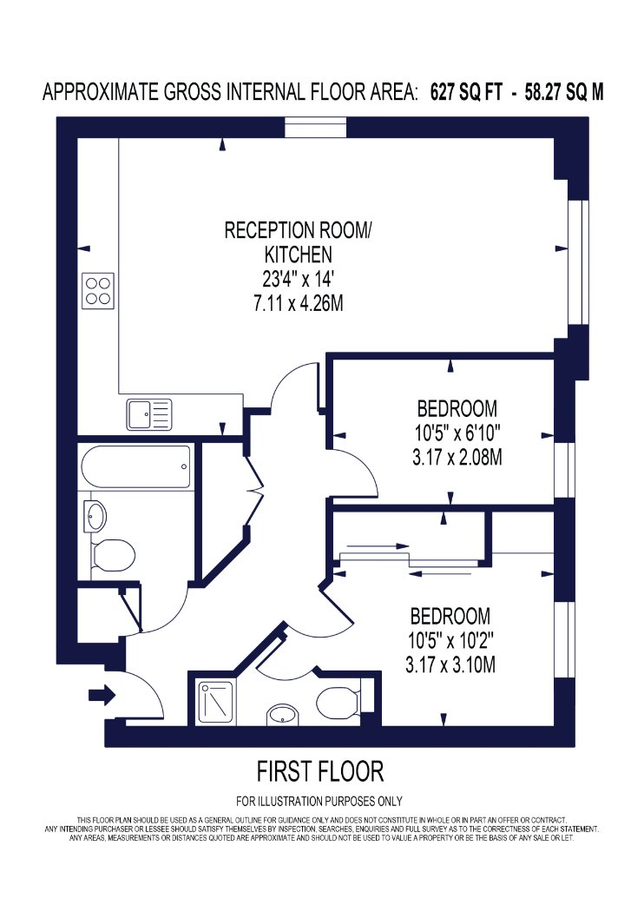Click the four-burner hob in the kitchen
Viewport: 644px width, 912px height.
[x=98, y=291]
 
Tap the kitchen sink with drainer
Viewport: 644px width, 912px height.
[x=150, y=414]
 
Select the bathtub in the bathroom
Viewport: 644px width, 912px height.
[x=136, y=467]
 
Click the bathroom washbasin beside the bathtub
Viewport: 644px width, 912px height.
[x=95, y=515]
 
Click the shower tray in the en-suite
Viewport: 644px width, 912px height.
[x=217, y=704]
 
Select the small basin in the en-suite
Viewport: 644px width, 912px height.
[x=282, y=716]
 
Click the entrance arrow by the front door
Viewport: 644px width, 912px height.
[x=102, y=695]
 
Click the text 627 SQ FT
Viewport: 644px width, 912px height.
[x=465, y=92]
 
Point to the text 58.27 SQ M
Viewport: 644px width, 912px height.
[x=564, y=92]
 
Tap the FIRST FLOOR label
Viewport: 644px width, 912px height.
[x=320, y=771]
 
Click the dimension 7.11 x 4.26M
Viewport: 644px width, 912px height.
[x=299, y=304]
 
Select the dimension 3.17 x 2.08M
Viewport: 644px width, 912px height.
[x=457, y=458]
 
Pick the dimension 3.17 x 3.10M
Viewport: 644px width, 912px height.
[x=450, y=664]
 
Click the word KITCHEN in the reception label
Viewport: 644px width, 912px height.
[x=299, y=254]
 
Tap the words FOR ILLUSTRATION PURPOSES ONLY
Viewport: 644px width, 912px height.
[x=319, y=802]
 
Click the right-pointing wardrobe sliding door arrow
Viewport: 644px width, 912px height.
[x=378, y=546]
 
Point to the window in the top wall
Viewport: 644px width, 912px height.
[x=316, y=128]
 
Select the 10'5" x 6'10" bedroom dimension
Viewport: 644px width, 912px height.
[x=457, y=433]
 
